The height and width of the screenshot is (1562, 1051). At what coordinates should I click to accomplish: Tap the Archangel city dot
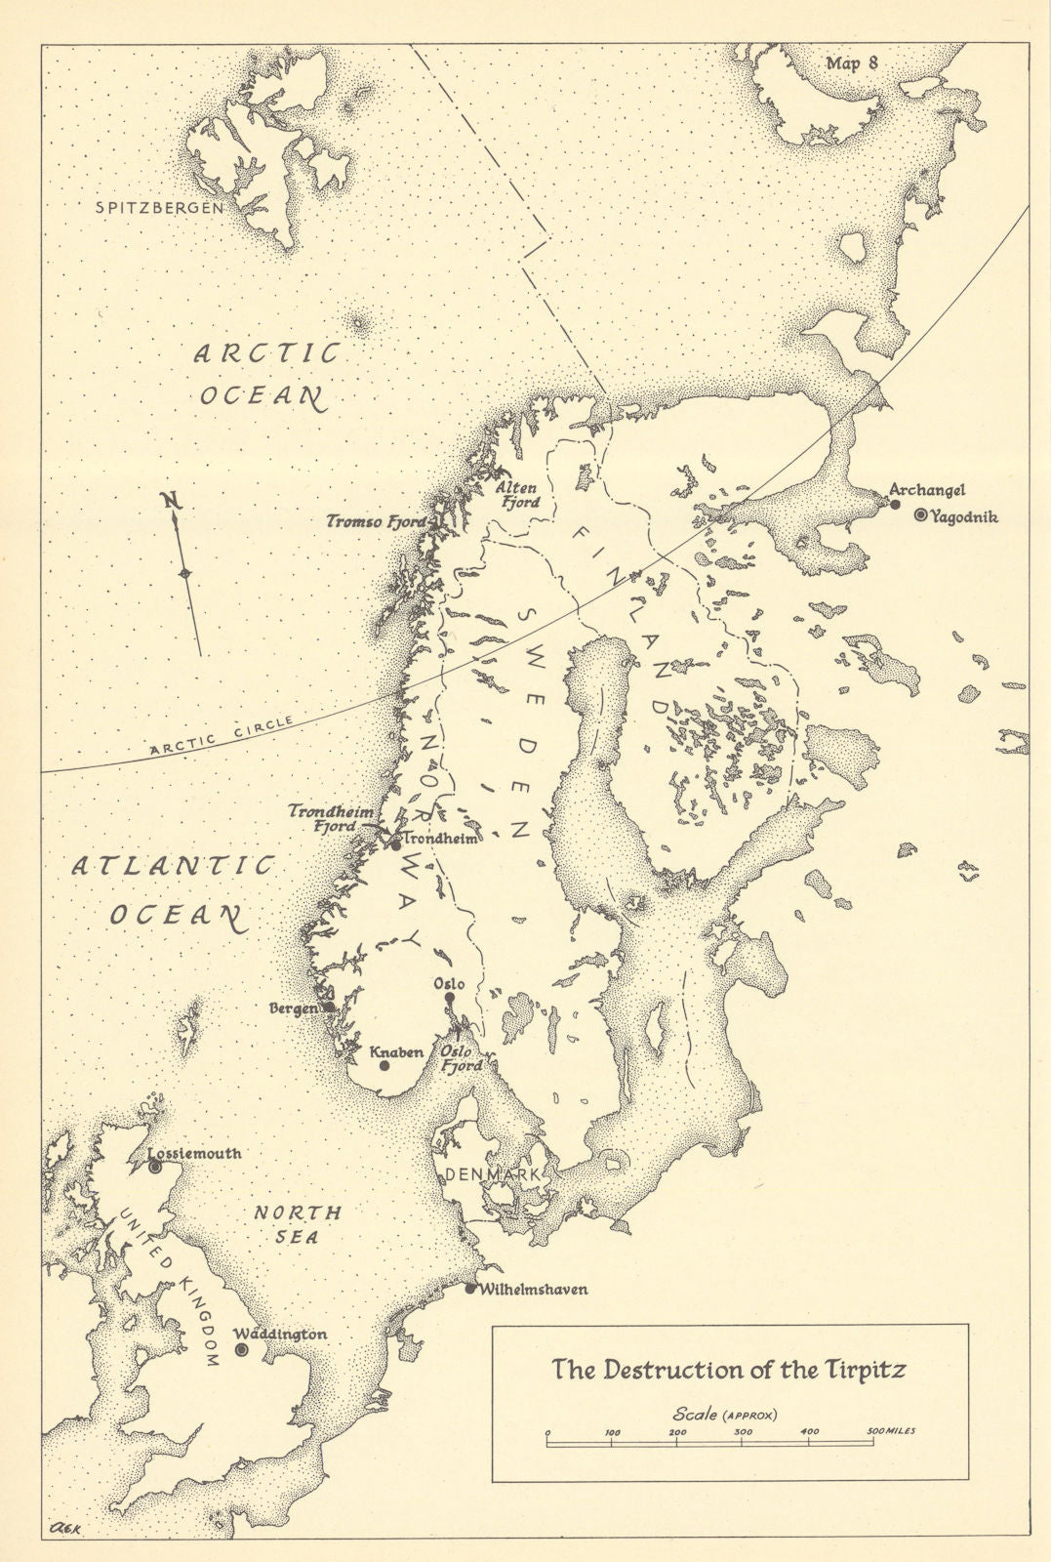tap(895, 504)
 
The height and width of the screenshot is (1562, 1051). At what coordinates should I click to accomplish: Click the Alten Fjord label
tap(517, 494)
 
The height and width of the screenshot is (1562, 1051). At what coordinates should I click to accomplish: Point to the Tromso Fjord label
tap(376, 522)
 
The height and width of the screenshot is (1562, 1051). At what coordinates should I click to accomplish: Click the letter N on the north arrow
tap(174, 502)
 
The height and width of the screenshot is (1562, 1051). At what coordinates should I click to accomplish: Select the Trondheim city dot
tap(395, 843)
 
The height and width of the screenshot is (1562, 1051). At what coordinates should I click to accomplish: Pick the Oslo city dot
tap(450, 998)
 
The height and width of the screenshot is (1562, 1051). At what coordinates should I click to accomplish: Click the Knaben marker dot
tap(384, 1066)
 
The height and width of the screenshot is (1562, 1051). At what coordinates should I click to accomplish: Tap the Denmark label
tap(493, 1175)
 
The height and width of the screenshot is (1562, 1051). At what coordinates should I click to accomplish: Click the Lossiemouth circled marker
tap(154, 1166)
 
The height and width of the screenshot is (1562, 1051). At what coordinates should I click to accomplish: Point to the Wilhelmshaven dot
tap(470, 1289)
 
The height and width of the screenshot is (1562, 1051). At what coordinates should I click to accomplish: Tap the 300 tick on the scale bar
tap(743, 1438)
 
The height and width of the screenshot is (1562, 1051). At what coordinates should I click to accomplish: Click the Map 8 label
tap(852, 63)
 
